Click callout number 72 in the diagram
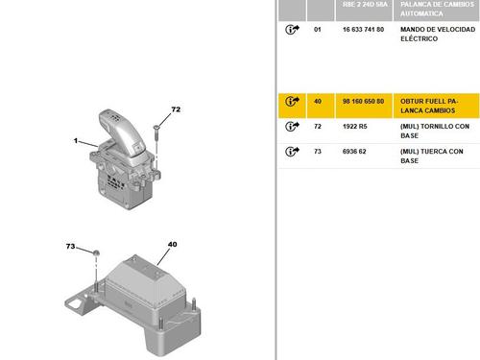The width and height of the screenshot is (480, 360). pyautogui.click(x=176, y=109)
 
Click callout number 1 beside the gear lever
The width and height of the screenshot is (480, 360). pyautogui.click(x=76, y=140)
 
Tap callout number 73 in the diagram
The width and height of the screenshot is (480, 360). pyautogui.click(x=70, y=246)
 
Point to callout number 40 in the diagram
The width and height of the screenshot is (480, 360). pyautogui.click(x=172, y=244)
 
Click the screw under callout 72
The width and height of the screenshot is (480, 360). pyautogui.click(x=156, y=132)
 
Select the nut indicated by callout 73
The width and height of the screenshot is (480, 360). pyautogui.click(x=96, y=253)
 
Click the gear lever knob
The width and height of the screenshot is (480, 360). pyautogui.click(x=122, y=132)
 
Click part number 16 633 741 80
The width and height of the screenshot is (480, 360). pyautogui.click(x=363, y=30)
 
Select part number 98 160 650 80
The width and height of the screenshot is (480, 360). pyautogui.click(x=363, y=102)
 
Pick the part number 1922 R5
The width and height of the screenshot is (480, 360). pyautogui.click(x=354, y=127)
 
